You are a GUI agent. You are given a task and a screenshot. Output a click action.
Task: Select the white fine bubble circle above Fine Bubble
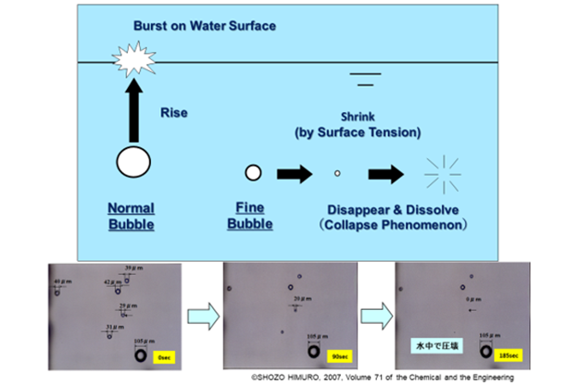coord(252,172)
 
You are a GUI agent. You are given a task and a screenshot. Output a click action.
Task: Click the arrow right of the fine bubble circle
coord(296,173)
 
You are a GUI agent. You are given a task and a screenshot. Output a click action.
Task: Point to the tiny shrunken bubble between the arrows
coord(337,173)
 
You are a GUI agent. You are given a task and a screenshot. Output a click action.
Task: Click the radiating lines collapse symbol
coord(442,173)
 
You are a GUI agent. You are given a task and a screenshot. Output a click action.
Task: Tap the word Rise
coord(174,114)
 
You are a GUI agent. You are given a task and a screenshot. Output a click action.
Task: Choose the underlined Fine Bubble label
coord(251,217)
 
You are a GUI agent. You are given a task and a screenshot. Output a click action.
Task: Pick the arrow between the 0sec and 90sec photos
coord(204,316)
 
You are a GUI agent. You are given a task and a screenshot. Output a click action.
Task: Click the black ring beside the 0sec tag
coord(140,356)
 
